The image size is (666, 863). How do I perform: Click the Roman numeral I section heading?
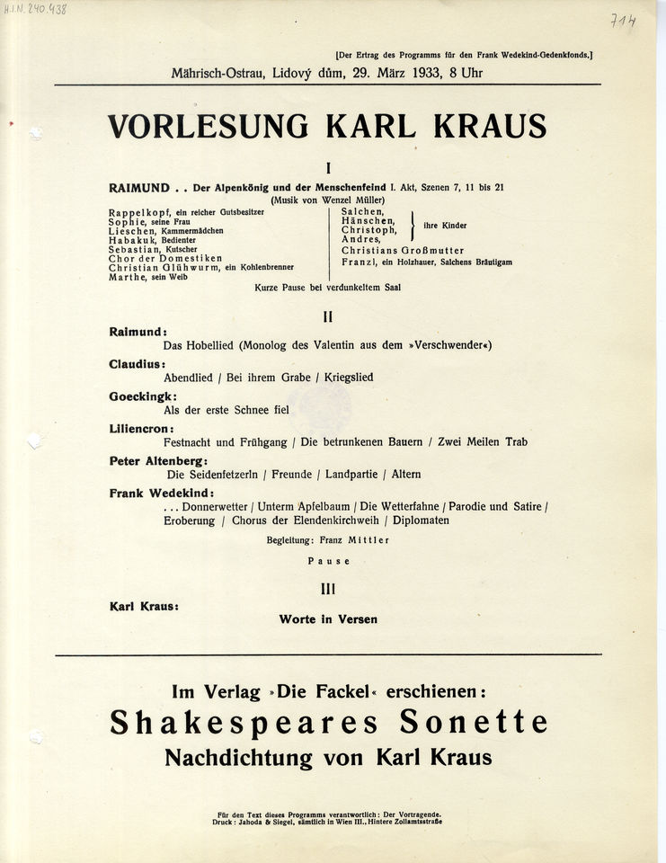coord(329,167)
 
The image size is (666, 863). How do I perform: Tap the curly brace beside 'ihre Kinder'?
coord(412,225)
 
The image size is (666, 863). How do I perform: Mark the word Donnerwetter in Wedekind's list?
coord(215,506)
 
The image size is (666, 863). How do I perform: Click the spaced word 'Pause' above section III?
coord(328,560)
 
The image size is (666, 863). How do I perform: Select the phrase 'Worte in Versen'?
coord(328,619)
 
